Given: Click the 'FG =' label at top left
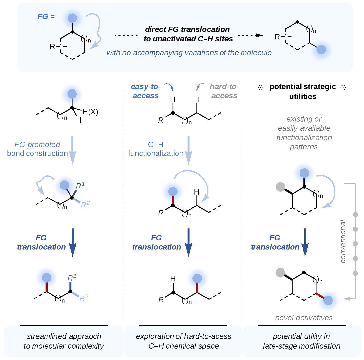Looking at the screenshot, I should (46, 17).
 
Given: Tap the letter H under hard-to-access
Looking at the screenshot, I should (197, 99).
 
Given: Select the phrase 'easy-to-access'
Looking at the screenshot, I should (146, 91).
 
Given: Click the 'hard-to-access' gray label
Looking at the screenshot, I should (224, 91).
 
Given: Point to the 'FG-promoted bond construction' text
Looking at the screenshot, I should (38, 149).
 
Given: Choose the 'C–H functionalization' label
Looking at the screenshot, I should (156, 149).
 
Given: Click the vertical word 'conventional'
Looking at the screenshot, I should (343, 241).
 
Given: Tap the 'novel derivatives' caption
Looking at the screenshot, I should (304, 318).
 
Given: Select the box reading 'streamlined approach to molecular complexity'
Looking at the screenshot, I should (64, 341).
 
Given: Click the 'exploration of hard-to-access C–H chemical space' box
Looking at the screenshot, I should (183, 341).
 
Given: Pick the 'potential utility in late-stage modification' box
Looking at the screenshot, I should (301, 341).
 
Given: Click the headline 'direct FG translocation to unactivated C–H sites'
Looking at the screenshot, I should (188, 34).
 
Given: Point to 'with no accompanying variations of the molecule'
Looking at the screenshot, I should (189, 53).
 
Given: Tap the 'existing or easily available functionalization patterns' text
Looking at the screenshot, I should (304, 133).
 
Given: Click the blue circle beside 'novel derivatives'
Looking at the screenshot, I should (328, 301).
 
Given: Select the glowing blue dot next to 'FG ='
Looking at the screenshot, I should (72, 18).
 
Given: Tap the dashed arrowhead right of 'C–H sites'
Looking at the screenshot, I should (259, 35).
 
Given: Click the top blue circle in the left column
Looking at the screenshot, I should (72, 94).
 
